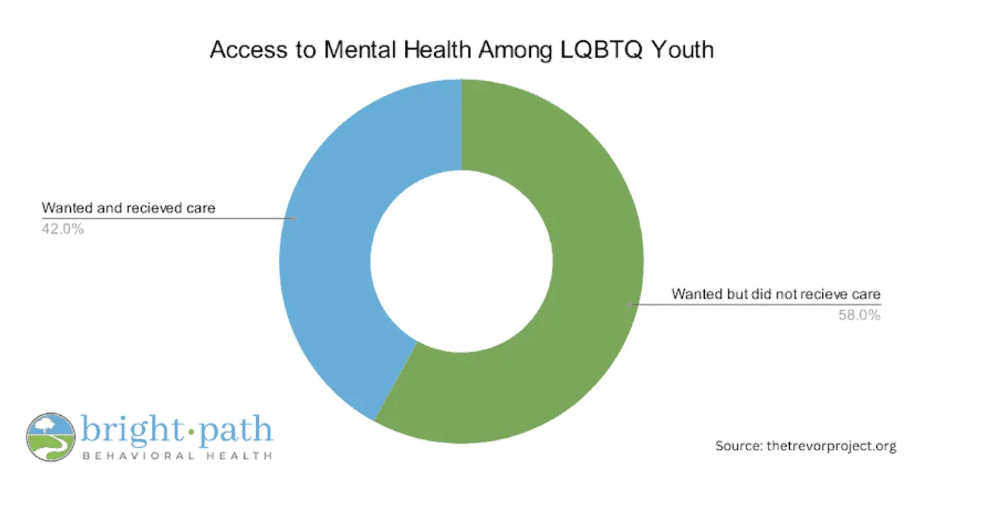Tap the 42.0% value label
click(63, 229)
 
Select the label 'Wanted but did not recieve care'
click(776, 293)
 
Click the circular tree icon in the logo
click(50, 437)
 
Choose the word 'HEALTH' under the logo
click(238, 456)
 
